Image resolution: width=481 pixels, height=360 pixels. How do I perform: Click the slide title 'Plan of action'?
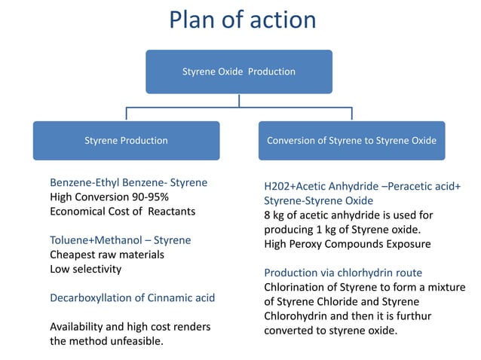click(241, 20)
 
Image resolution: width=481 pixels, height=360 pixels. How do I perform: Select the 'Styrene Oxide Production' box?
click(239, 72)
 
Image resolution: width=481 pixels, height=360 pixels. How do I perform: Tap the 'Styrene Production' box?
click(126, 140)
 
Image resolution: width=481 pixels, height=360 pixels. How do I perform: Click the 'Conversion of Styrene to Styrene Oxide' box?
click(351, 140)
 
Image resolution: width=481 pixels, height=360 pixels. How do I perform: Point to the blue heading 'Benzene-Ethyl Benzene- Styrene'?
click(128, 183)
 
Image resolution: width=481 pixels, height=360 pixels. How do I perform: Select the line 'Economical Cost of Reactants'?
click(122, 212)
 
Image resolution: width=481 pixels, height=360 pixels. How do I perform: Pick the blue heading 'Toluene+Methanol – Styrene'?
click(120, 240)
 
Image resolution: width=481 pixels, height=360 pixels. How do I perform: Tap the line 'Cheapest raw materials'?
click(107, 255)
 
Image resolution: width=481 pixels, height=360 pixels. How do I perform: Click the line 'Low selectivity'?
click(85, 269)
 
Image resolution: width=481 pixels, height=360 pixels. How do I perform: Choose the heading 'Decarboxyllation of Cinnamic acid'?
click(132, 298)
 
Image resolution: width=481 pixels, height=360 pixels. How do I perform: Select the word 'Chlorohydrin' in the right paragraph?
click(296, 316)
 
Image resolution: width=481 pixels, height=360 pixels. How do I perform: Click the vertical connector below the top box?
click(239, 100)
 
